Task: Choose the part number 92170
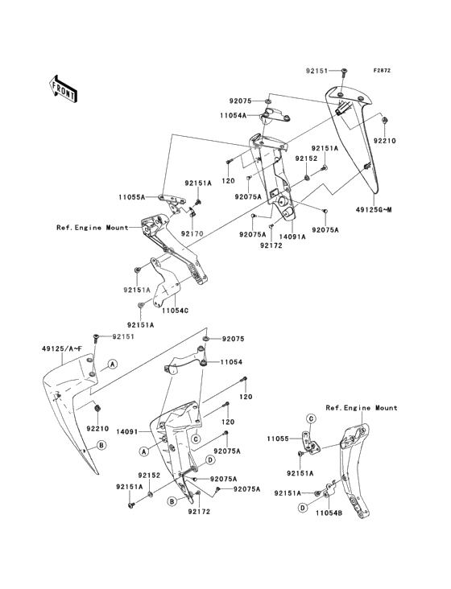click(x=192, y=233)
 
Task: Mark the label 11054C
click(x=175, y=309)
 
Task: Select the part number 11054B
click(x=329, y=512)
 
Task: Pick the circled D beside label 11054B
click(x=304, y=509)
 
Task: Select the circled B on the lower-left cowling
click(x=101, y=445)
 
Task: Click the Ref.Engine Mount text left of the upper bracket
click(x=92, y=227)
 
